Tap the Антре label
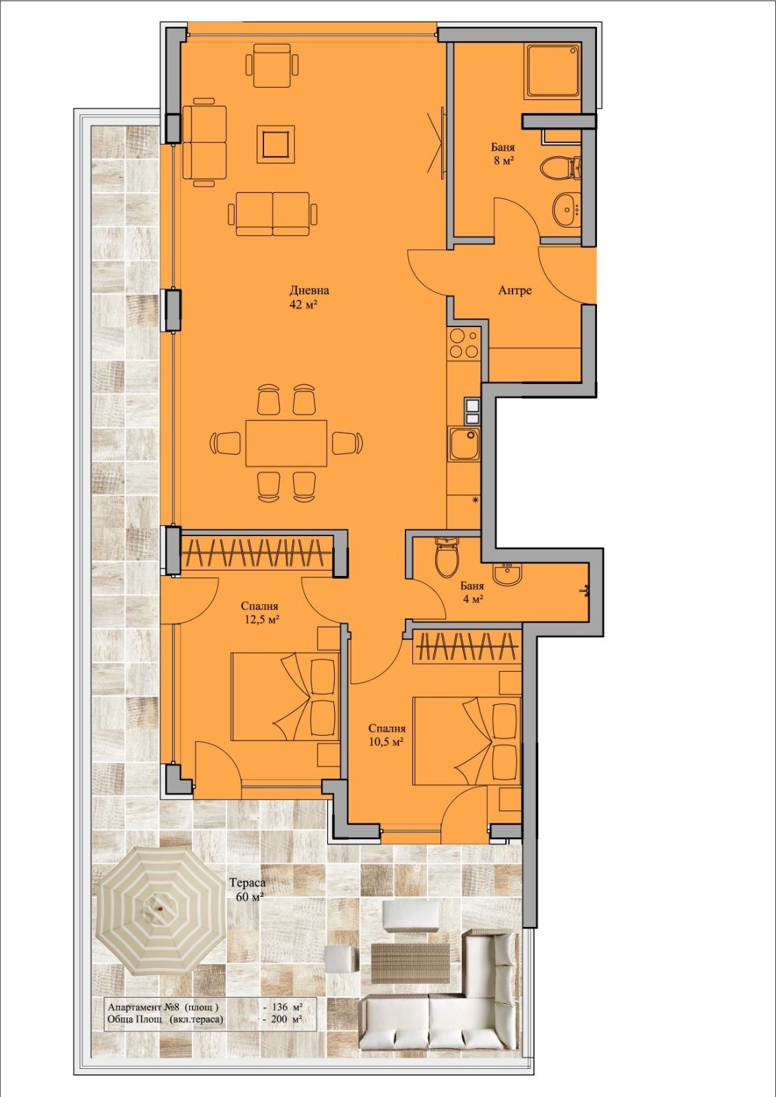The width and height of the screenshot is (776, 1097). click(x=515, y=291)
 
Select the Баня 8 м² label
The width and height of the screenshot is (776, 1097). click(x=504, y=154)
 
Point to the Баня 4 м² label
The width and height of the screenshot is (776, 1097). click(x=472, y=592)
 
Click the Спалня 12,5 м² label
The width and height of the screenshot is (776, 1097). click(x=262, y=612)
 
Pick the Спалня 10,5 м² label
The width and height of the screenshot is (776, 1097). click(x=386, y=734)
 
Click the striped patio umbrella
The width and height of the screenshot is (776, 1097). click(x=161, y=909)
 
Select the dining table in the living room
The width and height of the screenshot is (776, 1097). click(x=286, y=443)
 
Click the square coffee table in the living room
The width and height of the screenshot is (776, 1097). click(x=276, y=143)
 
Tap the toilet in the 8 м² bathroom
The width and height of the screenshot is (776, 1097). click(x=561, y=167)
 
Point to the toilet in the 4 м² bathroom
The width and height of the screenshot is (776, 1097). click(x=447, y=557)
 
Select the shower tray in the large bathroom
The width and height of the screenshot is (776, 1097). click(x=552, y=72)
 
